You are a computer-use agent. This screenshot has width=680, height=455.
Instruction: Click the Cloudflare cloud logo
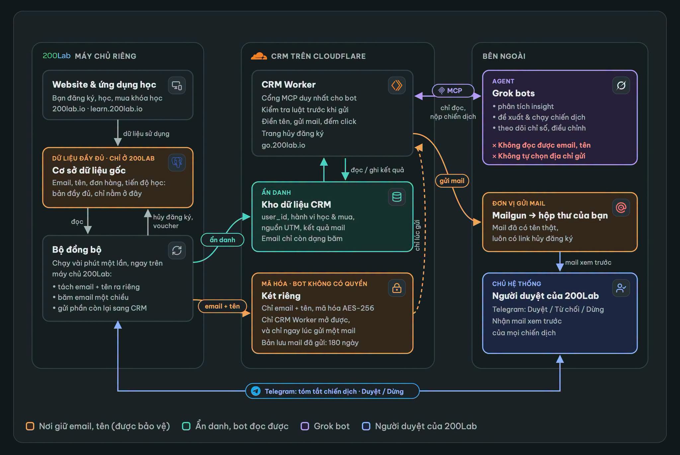point(259,56)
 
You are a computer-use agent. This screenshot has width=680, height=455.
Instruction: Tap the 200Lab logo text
point(56,56)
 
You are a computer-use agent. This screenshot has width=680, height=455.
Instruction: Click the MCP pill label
point(453,91)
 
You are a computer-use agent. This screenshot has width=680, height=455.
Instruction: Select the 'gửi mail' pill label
point(452,181)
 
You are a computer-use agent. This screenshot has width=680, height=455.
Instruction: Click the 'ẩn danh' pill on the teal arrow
point(222,240)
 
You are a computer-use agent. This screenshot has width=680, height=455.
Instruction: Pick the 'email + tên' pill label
point(222,306)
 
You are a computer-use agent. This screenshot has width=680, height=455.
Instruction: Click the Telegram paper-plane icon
point(256,391)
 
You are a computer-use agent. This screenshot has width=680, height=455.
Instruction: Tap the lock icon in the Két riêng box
point(397,288)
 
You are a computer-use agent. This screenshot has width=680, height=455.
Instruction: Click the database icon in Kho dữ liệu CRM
point(397,197)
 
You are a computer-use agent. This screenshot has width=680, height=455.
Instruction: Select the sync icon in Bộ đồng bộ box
point(177,250)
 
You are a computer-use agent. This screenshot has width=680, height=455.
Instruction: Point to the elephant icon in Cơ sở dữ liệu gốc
point(177,163)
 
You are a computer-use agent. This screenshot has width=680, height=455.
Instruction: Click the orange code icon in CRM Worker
point(397,85)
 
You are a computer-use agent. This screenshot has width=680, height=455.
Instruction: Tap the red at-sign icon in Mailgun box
point(621,208)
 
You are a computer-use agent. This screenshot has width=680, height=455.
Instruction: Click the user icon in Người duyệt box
point(621,288)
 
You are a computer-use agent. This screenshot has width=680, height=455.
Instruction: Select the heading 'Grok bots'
point(513,93)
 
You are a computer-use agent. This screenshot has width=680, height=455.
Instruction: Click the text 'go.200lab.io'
point(283,145)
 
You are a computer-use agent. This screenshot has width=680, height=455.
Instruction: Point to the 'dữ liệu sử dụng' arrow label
point(146,133)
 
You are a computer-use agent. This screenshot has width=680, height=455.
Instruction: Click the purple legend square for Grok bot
point(305,426)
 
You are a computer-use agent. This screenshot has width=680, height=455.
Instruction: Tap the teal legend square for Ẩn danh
point(186,426)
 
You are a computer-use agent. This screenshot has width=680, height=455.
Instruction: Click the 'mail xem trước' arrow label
point(588,262)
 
